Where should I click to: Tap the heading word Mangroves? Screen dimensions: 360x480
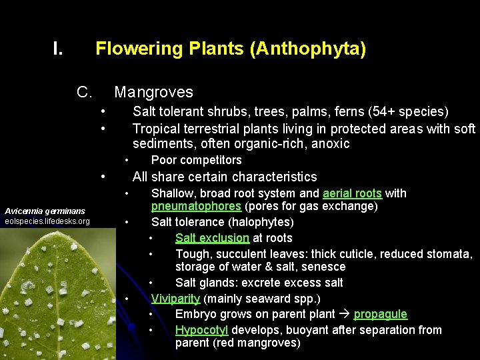[x=153, y=92]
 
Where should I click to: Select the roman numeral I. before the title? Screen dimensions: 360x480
[x=59, y=49]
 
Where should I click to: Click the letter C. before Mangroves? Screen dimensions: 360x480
[x=84, y=92]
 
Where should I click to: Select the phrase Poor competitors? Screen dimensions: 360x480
[x=196, y=160]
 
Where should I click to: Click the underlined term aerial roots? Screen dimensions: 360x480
[x=352, y=193]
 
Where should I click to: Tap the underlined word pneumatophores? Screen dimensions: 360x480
[x=196, y=206]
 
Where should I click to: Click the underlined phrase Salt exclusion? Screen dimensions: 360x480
[x=212, y=238]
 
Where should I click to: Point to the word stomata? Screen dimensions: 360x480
[x=449, y=254]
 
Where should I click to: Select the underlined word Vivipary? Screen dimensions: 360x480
[x=176, y=299]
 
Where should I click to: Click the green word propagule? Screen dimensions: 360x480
[x=380, y=314]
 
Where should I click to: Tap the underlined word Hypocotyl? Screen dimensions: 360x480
[x=201, y=330]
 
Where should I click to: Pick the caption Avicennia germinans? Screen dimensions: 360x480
[x=45, y=210]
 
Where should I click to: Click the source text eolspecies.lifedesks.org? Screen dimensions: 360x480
[x=47, y=221]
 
